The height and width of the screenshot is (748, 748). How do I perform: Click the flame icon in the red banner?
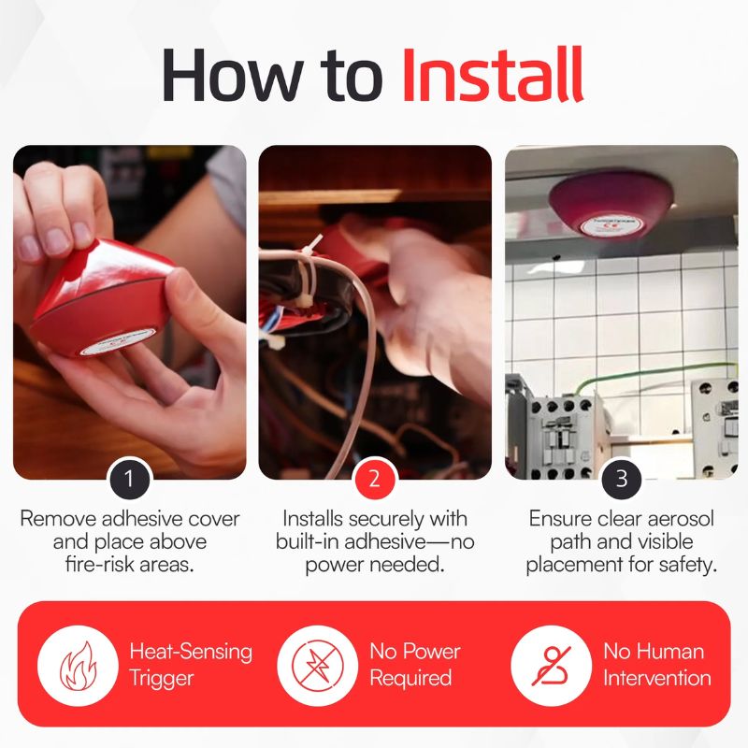[78, 665]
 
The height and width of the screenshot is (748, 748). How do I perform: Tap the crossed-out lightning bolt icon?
[317, 665]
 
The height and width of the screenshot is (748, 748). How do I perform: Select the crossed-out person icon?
[552, 665]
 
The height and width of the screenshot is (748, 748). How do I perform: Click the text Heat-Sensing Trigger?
[191, 665]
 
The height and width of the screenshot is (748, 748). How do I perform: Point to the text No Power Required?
[414, 665]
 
